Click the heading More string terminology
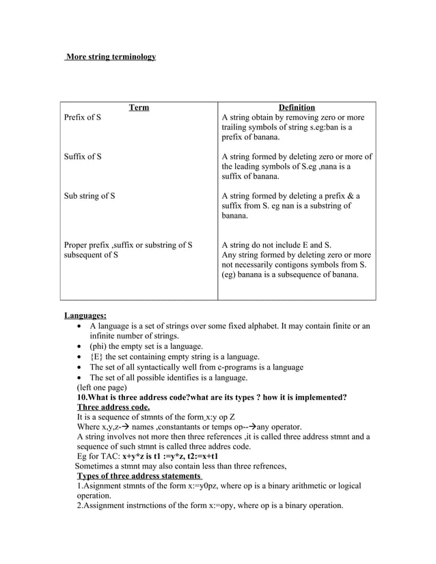[x=111, y=56]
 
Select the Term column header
[x=139, y=107]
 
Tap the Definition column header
[x=297, y=107]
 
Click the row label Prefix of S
[x=83, y=117]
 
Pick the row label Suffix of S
[x=83, y=156]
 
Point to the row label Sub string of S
[x=89, y=196]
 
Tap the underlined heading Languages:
[x=85, y=315]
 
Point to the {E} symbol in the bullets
[x=98, y=356]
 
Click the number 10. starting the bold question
[x=83, y=397]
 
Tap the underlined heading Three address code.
[x=113, y=408]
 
